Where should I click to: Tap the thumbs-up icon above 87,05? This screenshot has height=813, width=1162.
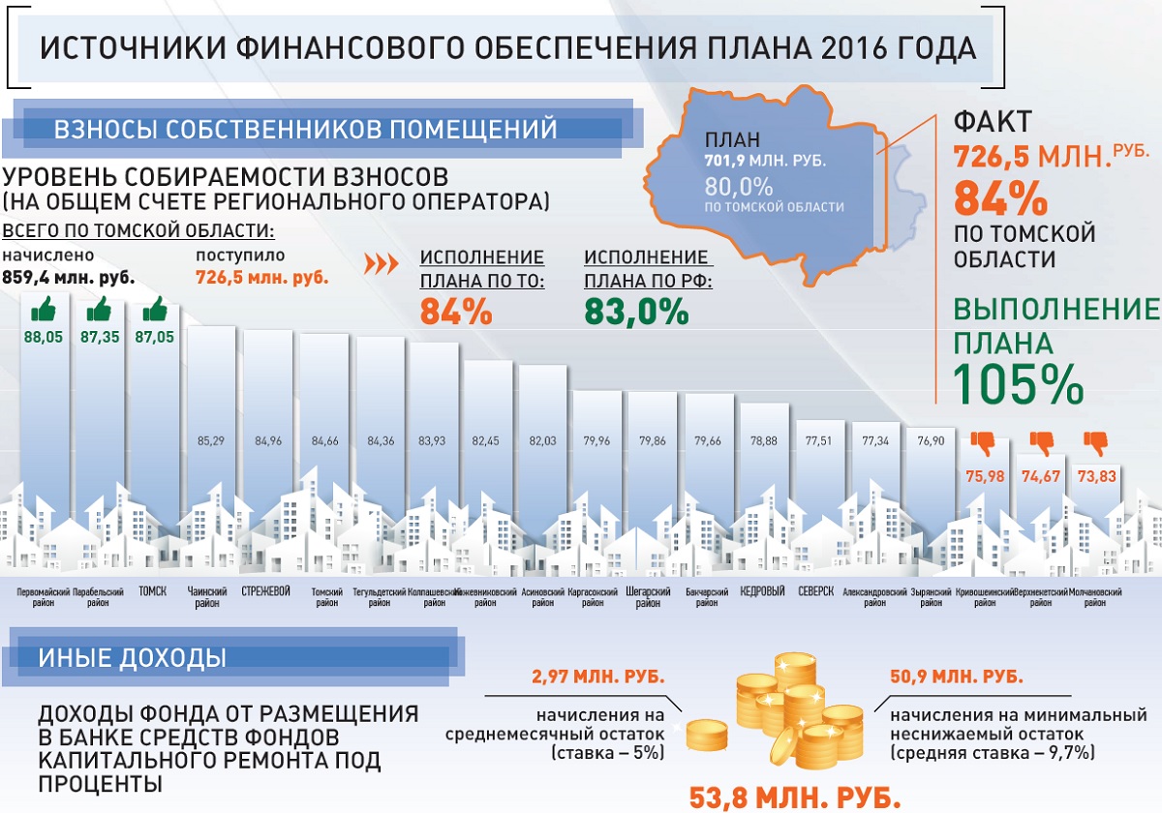pos(156,310)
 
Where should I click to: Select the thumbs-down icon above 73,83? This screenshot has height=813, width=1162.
pos(1096,443)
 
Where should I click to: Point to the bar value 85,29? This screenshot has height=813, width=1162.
pos(211,441)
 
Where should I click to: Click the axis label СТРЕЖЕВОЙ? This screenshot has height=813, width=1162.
pos(266,591)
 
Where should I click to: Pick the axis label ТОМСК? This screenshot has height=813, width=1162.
pos(154,591)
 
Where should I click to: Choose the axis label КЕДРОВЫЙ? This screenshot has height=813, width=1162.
pos(762,591)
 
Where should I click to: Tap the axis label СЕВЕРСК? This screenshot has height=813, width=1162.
pos(817,591)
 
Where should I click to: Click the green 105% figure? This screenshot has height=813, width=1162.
pos(1019,384)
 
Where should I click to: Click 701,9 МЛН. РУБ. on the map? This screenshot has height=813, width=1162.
pos(765,161)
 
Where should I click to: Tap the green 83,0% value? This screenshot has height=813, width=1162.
pos(636,311)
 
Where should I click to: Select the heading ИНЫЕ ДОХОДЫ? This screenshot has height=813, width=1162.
pos(133,658)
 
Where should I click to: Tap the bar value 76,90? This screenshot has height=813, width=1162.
pos(931,441)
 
